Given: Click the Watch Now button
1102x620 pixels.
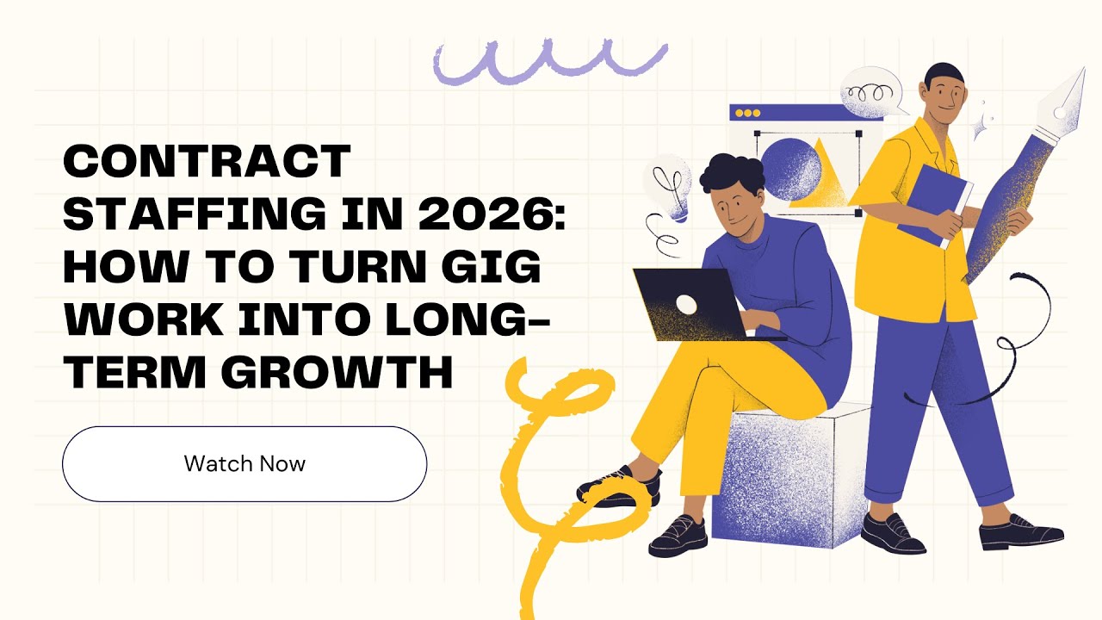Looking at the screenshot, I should [x=245, y=463].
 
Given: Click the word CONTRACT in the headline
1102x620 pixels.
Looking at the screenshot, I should [x=207, y=161].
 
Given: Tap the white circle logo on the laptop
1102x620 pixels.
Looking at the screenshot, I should [x=687, y=304].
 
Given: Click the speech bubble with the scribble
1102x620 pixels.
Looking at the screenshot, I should [x=870, y=93].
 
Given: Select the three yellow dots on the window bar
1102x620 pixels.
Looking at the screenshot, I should [x=746, y=113].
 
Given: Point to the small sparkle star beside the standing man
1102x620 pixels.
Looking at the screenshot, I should [x=980, y=129].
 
